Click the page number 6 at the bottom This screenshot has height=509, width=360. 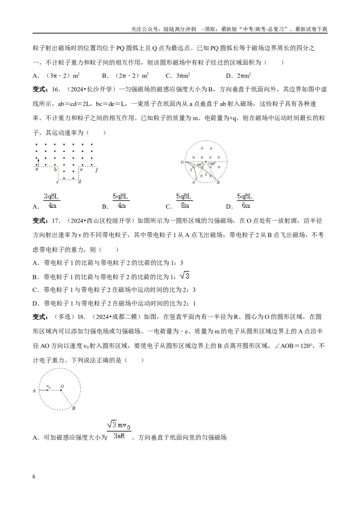click(x=34, y=477)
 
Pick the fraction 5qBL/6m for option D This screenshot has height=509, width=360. click(x=245, y=201)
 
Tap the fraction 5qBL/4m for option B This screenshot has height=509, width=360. click(x=121, y=201)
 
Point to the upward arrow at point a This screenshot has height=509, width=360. click(x=38, y=162)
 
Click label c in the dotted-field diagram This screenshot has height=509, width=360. click(x=58, y=182)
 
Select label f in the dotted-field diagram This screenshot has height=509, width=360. click(x=96, y=170)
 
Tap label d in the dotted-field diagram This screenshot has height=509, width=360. click(x=80, y=182)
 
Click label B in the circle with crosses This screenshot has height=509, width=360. click(x=218, y=183)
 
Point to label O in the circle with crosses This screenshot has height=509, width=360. click(x=182, y=162)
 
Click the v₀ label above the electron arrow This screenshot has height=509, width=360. click(x=49, y=386)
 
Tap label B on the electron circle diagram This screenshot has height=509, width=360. click(x=74, y=408)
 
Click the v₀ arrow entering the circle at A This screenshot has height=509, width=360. click(x=44, y=390)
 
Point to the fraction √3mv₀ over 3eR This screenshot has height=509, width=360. click(x=119, y=430)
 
